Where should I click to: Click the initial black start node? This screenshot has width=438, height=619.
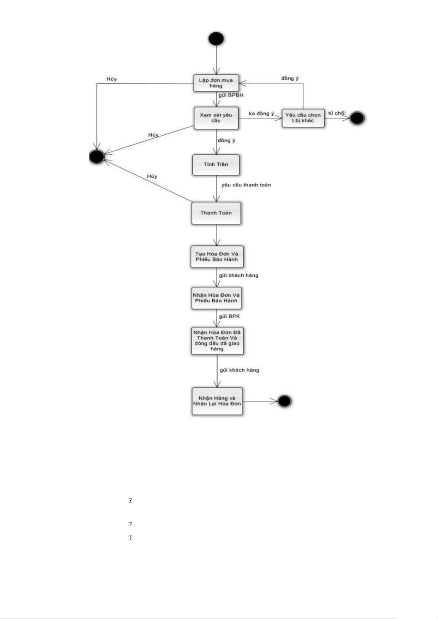click(x=216, y=39)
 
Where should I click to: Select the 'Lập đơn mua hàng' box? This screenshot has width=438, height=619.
click(x=216, y=83)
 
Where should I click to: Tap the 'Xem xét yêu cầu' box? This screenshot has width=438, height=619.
click(x=216, y=118)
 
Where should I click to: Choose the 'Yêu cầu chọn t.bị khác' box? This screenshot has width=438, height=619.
click(x=303, y=118)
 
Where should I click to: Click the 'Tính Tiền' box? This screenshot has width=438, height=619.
click(x=216, y=165)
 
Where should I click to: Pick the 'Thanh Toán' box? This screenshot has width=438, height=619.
click(x=216, y=213)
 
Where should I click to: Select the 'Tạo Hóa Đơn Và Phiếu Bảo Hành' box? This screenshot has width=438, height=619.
click(x=217, y=257)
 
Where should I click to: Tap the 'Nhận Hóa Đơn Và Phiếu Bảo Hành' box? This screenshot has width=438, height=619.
click(x=216, y=298)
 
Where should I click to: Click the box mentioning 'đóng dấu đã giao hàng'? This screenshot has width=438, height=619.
click(x=217, y=341)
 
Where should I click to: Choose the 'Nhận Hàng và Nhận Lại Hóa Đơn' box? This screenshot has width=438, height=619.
click(x=217, y=401)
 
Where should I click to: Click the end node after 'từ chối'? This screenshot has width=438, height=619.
click(x=357, y=118)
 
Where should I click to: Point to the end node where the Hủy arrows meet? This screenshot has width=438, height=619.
click(x=97, y=157)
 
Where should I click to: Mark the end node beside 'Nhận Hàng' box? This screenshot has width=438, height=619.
click(x=284, y=401)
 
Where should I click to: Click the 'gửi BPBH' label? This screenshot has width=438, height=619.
click(x=231, y=95)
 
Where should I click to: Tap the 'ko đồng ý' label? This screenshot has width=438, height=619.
click(x=261, y=114)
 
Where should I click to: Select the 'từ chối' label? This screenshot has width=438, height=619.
click(x=337, y=113)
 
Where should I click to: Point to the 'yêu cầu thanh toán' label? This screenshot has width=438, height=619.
click(x=246, y=185)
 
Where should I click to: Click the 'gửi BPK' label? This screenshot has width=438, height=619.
click(x=230, y=316)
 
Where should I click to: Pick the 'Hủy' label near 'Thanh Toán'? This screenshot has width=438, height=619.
click(x=152, y=176)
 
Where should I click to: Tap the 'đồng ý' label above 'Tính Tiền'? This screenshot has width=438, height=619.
click(x=226, y=140)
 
